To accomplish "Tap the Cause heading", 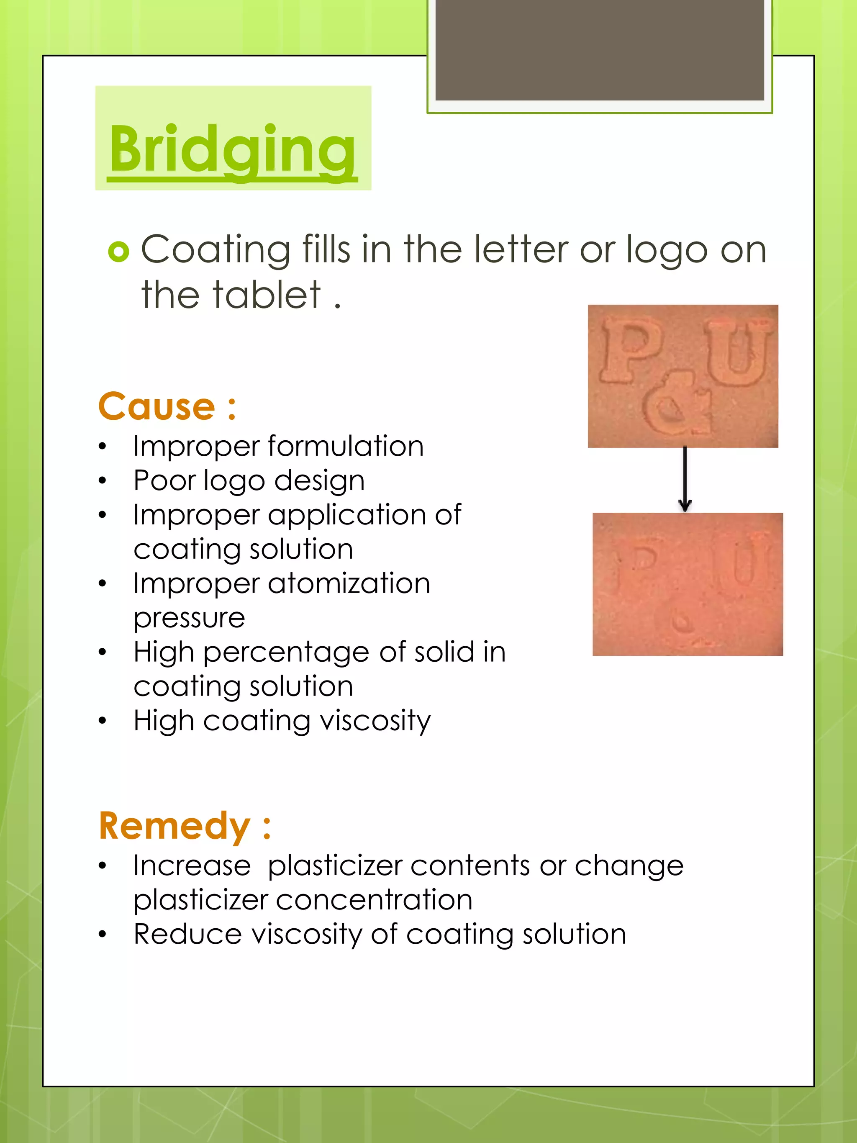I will [x=167, y=407].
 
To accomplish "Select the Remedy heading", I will [x=185, y=826].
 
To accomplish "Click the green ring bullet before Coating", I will [x=118, y=252].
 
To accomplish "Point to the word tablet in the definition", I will [x=267, y=295].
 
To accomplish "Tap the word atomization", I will [x=349, y=584].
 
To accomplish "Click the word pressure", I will [x=189, y=619].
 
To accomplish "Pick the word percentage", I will [x=286, y=652].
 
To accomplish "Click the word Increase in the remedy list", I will [x=192, y=866].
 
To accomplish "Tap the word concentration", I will [x=374, y=901].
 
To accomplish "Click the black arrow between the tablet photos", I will [x=685, y=480].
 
